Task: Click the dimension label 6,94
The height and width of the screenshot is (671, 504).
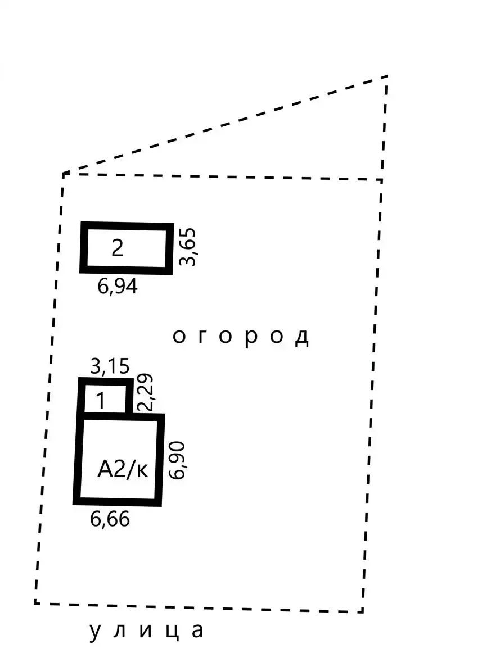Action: click(x=118, y=286)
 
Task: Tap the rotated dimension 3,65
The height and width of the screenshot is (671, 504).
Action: click(x=188, y=247)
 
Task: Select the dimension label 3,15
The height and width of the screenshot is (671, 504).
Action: click(x=110, y=366)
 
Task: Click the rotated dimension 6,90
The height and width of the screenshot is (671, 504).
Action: click(x=177, y=460)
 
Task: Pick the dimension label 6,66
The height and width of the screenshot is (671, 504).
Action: click(x=110, y=519)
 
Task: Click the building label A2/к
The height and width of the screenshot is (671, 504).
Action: click(x=123, y=469)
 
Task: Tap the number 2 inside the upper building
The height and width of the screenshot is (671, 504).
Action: click(x=118, y=248)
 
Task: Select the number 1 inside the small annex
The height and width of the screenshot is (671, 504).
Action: click(x=101, y=401)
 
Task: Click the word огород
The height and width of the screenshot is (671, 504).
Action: click(x=241, y=337)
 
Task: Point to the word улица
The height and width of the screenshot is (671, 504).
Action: click(x=146, y=631)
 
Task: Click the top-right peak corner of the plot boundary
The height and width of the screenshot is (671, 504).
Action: click(x=388, y=76)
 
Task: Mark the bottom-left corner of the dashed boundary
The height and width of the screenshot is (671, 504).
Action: click(x=35, y=604)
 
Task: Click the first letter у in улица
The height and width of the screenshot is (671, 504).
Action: click(x=94, y=632)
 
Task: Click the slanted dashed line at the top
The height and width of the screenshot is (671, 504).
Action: click(x=225, y=125)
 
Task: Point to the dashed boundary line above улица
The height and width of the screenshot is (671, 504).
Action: click(x=199, y=607)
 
